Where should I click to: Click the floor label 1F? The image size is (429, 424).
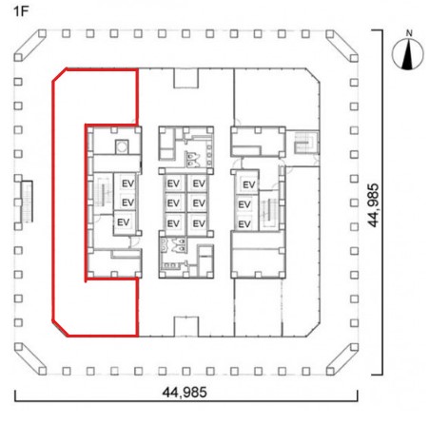coord(21,11)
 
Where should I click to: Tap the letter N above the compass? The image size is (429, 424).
coord(409,33)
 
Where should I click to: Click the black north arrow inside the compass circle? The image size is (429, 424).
coord(408,55)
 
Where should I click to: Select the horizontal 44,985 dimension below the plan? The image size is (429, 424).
coord(185,393)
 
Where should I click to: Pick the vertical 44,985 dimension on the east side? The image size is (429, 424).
coord(374,205)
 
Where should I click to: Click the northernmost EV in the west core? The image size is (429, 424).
coord(128,183)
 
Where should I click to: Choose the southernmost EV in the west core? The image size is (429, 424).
coord(123,222)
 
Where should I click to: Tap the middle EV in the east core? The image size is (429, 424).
coord(244,204)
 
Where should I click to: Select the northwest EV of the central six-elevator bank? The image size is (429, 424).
coord(173,183)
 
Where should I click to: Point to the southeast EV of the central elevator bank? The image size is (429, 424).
coord(199,223)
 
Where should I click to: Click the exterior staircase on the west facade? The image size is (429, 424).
coord(27,202)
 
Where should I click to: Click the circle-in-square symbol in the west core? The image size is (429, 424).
coord(122,147)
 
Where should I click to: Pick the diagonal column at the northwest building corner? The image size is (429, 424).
coord(29,46)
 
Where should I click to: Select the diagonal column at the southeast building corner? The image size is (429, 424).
coord(342,358)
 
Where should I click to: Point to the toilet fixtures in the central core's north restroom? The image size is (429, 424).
coord(193,159)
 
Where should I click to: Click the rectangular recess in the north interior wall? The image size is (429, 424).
coord(186,78)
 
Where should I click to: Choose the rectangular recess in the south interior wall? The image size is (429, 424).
coord(186,326)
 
